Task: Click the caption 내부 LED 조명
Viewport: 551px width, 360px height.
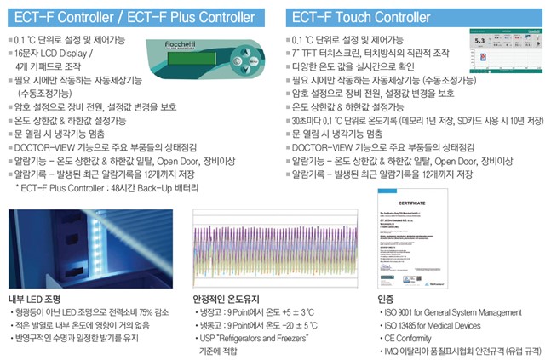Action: [34, 300]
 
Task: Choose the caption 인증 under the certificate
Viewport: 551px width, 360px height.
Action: [384, 300]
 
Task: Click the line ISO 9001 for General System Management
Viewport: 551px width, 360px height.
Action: [449, 313]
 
